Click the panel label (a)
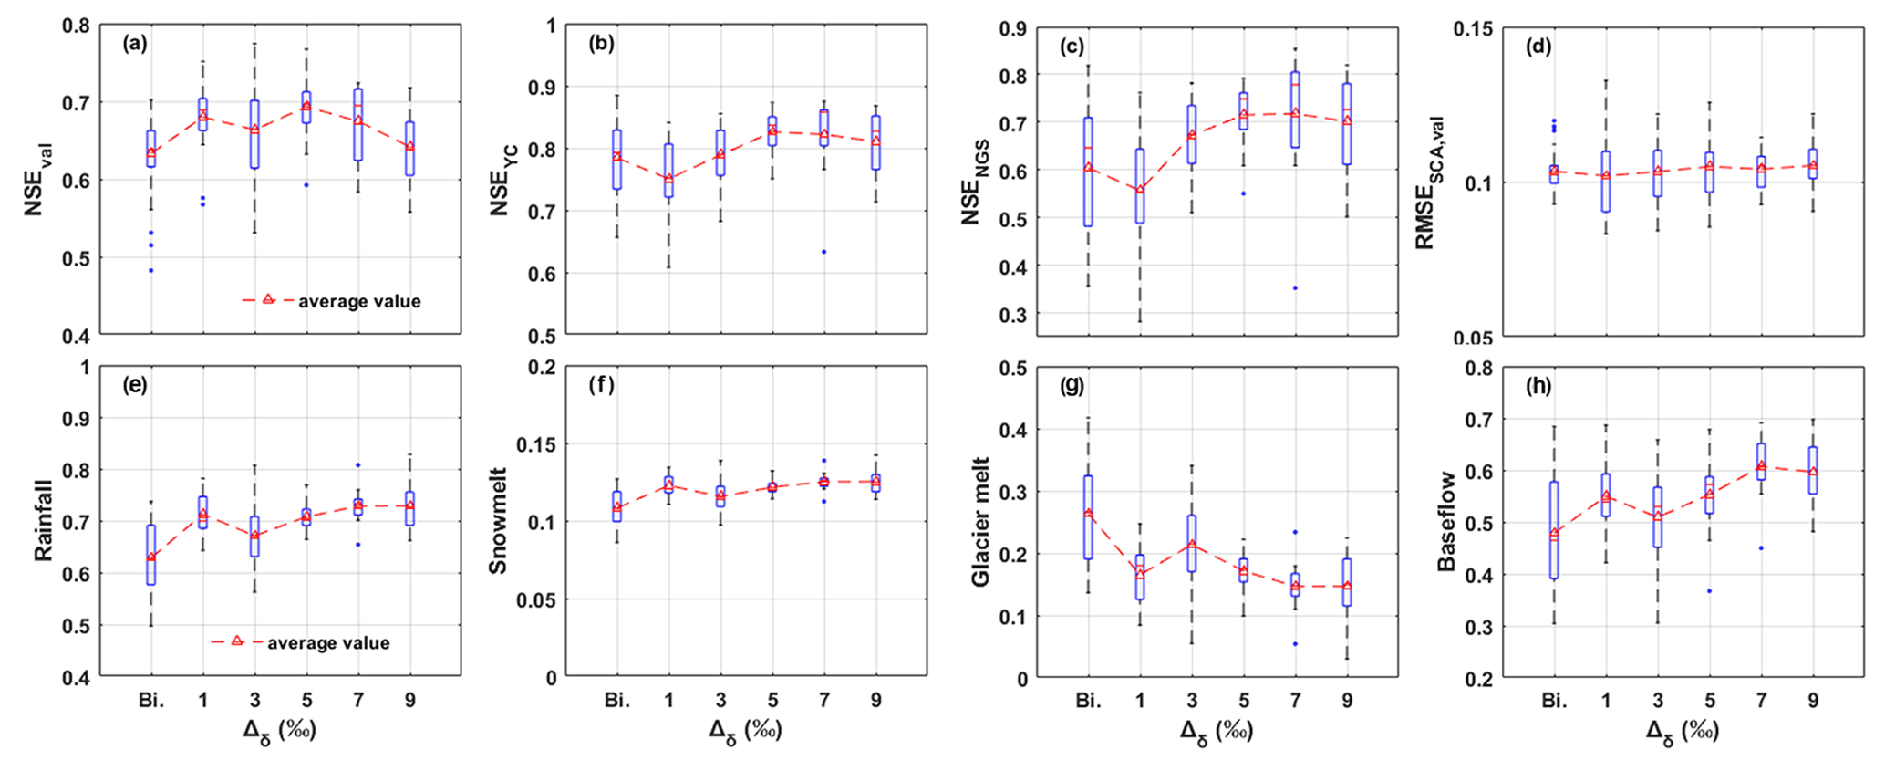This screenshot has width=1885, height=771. (135, 43)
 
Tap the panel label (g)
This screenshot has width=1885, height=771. (1072, 385)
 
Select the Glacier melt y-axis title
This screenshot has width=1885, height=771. (980, 522)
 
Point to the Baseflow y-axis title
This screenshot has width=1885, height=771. (1446, 522)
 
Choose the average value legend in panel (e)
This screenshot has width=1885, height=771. (300, 643)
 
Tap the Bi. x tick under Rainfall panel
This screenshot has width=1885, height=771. (151, 700)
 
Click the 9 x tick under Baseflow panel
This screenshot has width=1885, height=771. (1813, 700)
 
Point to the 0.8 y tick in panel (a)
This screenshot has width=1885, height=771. (76, 26)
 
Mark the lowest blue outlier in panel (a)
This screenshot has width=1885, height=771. (151, 270)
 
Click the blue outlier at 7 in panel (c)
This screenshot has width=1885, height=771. (1295, 288)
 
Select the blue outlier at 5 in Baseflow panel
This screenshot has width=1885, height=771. (1710, 591)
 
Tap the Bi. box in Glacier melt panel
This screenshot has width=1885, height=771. (1088, 517)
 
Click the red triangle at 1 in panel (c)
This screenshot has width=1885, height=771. (1140, 190)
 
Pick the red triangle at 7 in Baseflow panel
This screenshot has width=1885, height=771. (1762, 465)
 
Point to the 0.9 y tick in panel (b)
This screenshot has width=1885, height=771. (545, 88)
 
